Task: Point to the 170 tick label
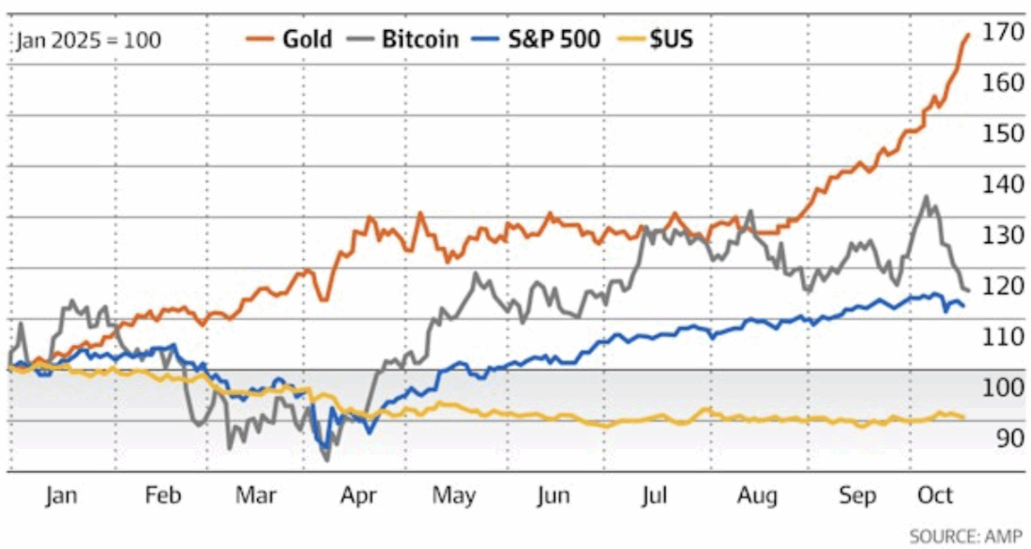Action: (x=1002, y=32)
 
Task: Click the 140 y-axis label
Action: (x=1002, y=184)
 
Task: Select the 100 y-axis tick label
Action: (x=1002, y=387)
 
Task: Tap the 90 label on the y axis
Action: (x=1009, y=438)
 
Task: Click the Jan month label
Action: (x=61, y=496)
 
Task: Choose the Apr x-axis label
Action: (x=358, y=496)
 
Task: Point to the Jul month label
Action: (x=654, y=496)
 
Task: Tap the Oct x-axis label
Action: (x=934, y=496)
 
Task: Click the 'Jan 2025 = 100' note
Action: (x=89, y=40)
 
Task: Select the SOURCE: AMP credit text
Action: (x=965, y=536)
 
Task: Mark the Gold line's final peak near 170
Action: (x=968, y=35)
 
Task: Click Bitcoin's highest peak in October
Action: (x=926, y=197)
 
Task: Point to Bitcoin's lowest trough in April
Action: (x=327, y=460)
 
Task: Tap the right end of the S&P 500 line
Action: (x=964, y=306)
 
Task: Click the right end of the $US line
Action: (x=964, y=417)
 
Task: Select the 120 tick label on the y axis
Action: (x=1002, y=286)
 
